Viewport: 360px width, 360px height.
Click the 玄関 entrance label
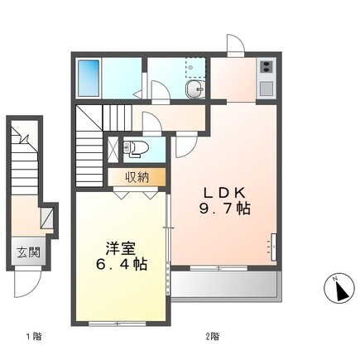click(29, 252)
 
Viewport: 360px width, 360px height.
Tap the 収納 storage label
click(137, 177)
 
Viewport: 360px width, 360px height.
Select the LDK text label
click(224, 193)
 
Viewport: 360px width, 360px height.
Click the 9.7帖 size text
click(224, 209)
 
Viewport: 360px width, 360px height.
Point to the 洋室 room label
click(121, 248)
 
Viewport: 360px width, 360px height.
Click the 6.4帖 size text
click(121, 264)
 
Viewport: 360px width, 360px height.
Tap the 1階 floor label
click(34, 336)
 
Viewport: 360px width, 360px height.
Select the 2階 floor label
click(213, 336)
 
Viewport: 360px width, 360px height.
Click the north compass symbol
click(339, 289)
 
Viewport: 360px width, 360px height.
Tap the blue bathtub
click(89, 78)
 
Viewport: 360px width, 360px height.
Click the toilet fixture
click(135, 149)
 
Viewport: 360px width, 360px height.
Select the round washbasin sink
click(195, 89)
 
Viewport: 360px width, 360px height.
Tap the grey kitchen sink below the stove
click(266, 89)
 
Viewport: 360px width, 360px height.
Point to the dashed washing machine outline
click(195, 67)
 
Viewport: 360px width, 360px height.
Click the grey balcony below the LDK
click(224, 284)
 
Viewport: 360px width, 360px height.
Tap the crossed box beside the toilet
click(113, 150)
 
